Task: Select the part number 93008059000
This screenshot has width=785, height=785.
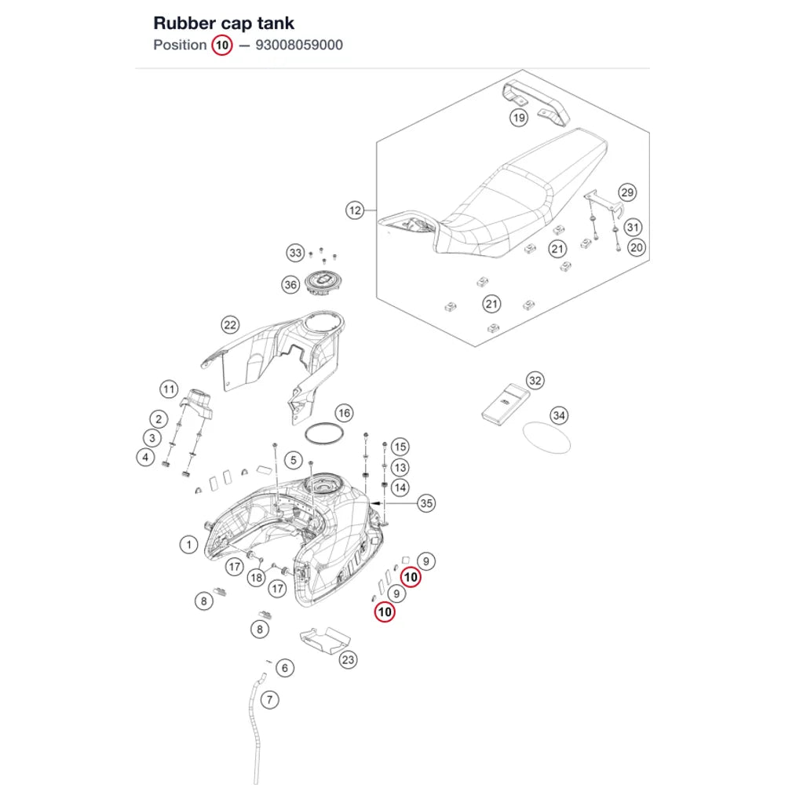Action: (x=299, y=45)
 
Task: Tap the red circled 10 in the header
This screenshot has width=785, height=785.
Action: (x=222, y=46)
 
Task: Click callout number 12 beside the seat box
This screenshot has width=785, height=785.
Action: (x=355, y=210)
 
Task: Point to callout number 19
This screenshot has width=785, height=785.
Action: (x=519, y=118)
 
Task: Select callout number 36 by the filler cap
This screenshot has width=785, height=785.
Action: (x=290, y=285)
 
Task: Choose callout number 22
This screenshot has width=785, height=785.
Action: (x=230, y=325)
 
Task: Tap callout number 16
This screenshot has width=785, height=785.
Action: (x=344, y=413)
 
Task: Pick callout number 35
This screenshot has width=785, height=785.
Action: (x=426, y=503)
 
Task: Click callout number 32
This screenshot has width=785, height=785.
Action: (x=535, y=381)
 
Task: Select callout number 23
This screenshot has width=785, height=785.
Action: (x=348, y=660)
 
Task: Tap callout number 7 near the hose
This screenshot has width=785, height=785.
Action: (x=270, y=699)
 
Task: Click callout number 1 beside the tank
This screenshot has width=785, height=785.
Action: (x=188, y=544)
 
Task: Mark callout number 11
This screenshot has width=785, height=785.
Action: (x=169, y=389)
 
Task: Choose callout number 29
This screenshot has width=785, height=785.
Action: (x=626, y=192)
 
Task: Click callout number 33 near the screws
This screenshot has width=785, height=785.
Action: (x=295, y=253)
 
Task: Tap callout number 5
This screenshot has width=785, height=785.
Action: (x=294, y=460)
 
